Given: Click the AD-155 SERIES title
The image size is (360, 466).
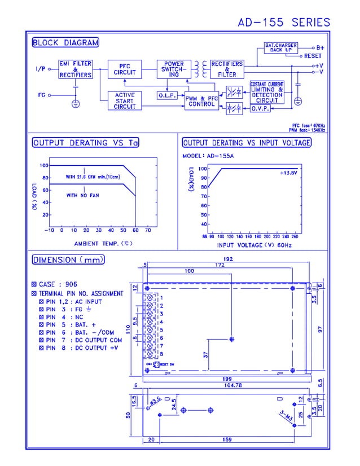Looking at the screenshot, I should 283,23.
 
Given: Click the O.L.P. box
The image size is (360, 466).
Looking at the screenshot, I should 167,95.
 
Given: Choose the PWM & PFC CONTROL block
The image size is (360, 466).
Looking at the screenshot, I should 201,102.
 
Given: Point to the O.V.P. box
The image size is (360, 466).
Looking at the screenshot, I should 260,108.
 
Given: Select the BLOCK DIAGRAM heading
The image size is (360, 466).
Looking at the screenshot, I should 65,42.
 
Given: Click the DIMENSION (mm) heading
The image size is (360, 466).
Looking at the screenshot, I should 68,260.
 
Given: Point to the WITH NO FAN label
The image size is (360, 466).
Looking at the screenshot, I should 80,195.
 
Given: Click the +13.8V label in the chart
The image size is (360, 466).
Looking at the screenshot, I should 288,173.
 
